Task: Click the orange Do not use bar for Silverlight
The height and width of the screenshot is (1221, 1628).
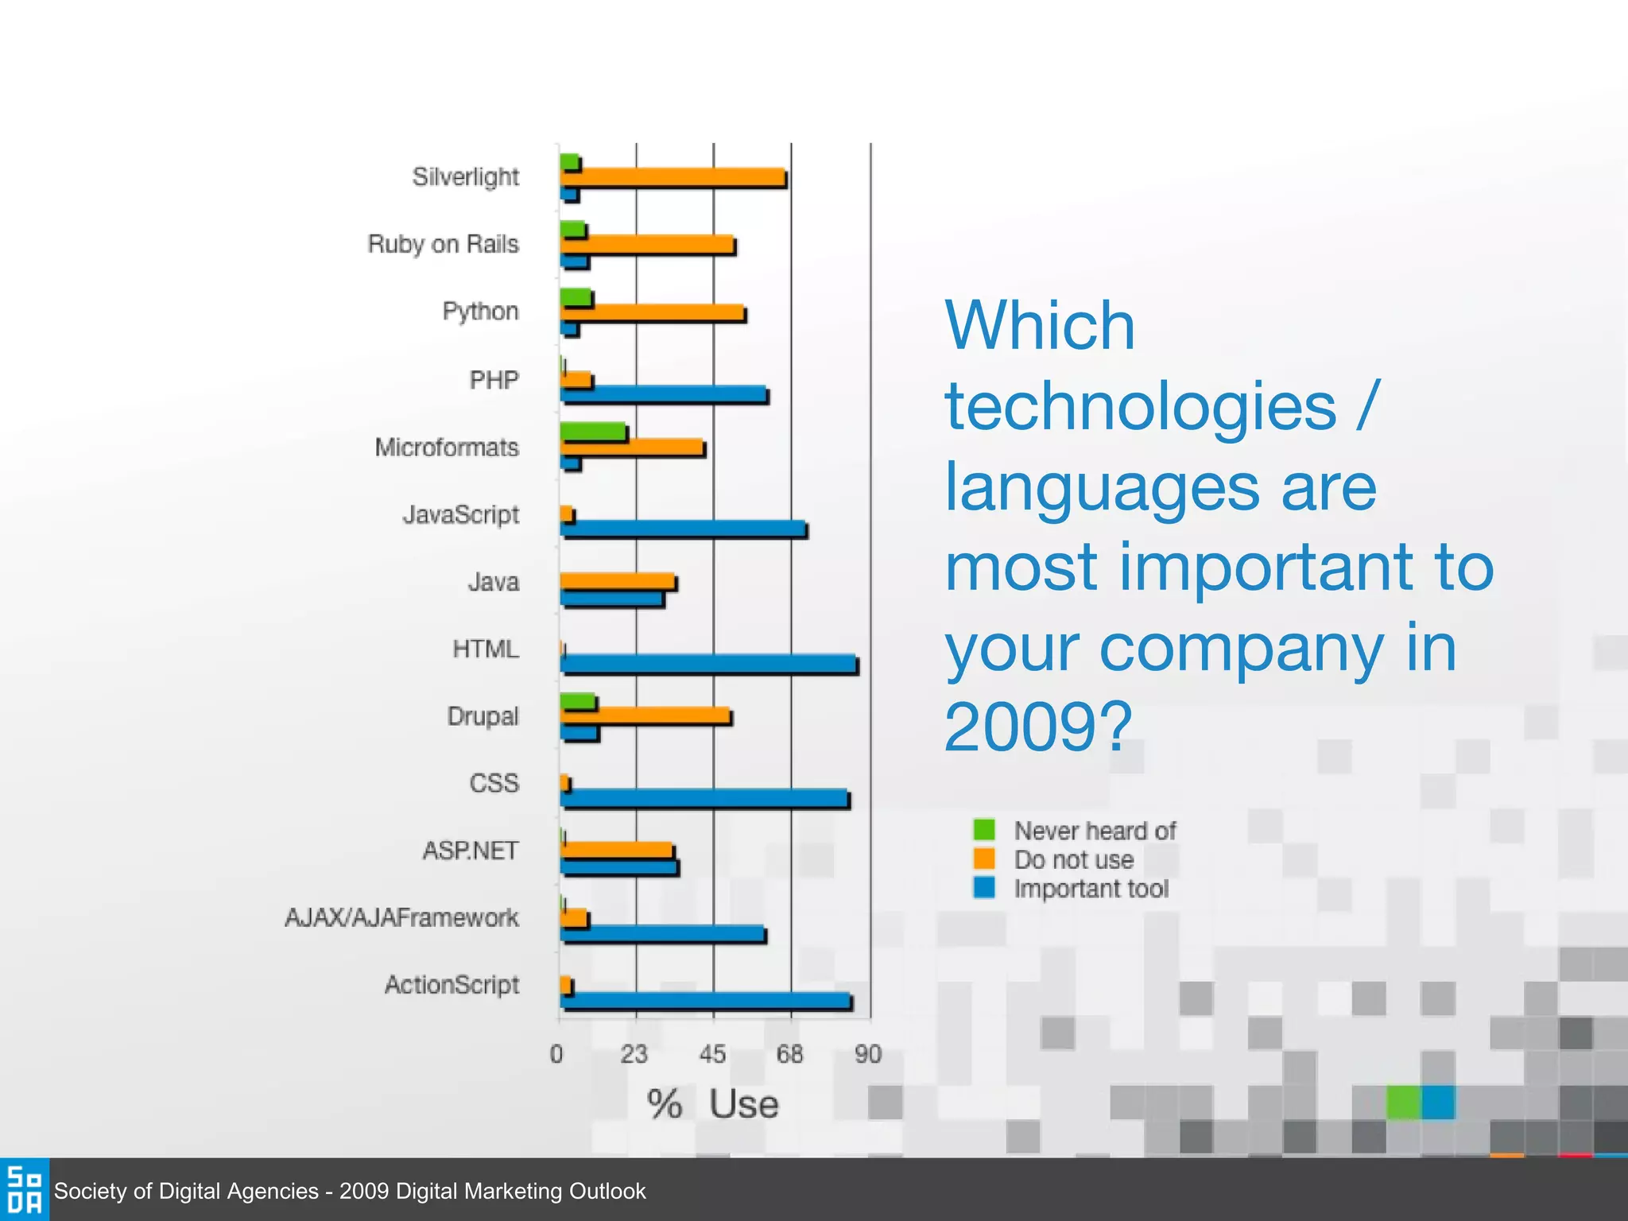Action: [672, 177]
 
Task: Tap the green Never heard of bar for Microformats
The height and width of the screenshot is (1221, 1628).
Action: [592, 432]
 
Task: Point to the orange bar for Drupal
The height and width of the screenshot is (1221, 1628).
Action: [645, 715]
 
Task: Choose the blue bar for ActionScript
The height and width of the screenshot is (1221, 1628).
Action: [705, 1001]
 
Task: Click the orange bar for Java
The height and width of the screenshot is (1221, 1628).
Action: [617, 581]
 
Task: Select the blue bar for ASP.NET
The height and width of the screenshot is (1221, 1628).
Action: [618, 866]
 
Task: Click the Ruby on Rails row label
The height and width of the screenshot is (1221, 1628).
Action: [443, 244]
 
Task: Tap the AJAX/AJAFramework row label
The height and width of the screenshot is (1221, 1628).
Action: [401, 918]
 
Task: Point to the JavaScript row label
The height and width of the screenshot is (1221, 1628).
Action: [460, 515]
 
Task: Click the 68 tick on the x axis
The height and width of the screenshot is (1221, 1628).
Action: [789, 1055]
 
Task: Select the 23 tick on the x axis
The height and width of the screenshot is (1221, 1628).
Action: [634, 1055]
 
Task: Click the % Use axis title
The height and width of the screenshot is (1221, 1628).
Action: [712, 1104]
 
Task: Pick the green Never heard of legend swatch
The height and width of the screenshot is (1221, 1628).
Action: [984, 829]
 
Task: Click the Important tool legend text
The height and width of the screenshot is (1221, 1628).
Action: [1091, 889]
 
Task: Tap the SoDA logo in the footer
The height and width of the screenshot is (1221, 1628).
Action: [24, 1189]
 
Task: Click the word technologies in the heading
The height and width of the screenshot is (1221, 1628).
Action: [1140, 406]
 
